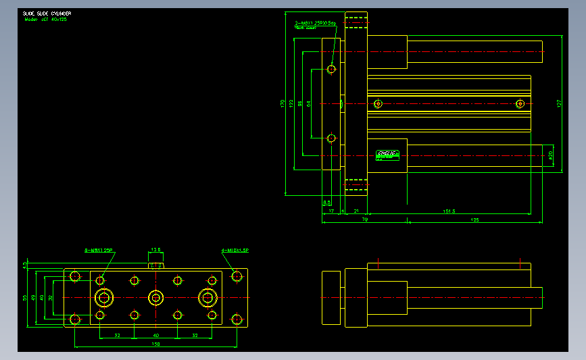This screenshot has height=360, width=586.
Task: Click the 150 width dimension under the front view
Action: pos(156,344)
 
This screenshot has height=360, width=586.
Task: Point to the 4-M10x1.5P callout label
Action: pos(236,251)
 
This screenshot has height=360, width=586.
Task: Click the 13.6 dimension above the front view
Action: pos(155,249)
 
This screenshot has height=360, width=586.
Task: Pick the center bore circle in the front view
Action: pos(156,297)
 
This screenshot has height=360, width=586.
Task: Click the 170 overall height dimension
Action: pos(283,104)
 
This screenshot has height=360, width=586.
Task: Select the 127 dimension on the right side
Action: pos(559,103)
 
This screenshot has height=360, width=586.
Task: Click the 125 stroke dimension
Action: pos(474,220)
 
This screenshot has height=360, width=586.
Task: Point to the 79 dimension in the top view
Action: pos(364,220)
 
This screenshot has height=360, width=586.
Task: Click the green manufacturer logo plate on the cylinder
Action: pos(388,154)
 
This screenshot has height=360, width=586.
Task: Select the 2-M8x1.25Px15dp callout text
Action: pos(315,24)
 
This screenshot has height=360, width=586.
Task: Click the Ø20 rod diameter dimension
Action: pos(551,155)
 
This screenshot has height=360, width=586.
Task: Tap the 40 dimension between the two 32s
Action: pos(155,335)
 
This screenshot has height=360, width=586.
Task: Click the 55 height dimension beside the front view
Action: pos(25,297)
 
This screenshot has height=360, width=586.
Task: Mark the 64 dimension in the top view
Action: pos(308,104)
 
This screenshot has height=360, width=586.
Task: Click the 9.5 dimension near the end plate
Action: pos(326,202)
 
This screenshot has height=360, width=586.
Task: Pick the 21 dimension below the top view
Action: pos(356,211)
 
